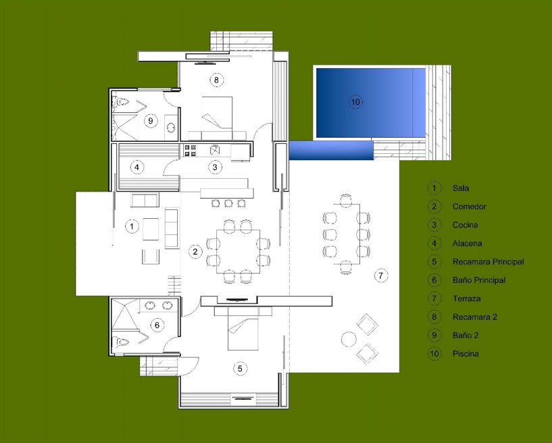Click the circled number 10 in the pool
(x=355, y=102)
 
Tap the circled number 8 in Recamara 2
(x=216, y=80)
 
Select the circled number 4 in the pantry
(x=137, y=167)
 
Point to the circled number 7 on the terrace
(x=380, y=275)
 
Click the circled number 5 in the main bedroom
(x=240, y=369)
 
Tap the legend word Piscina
(x=466, y=354)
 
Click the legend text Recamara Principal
(x=488, y=262)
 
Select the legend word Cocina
(x=465, y=225)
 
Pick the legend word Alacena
(x=467, y=243)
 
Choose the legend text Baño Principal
(x=479, y=280)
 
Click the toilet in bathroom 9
(x=121, y=102)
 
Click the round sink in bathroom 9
(x=171, y=128)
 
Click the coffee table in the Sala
(x=151, y=229)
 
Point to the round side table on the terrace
(x=349, y=339)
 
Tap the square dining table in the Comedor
(x=238, y=251)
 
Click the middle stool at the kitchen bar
(x=228, y=203)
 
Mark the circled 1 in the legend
(x=434, y=188)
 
